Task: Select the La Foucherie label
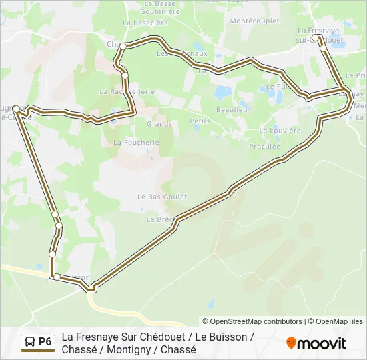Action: (136, 142)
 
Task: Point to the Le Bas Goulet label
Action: (162, 197)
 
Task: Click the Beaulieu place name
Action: (232, 109)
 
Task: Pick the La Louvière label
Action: (280, 131)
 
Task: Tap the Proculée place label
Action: (264, 146)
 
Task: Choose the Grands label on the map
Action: (159, 124)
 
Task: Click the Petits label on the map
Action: (200, 121)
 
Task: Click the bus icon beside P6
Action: (30, 342)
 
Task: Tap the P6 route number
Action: (45, 342)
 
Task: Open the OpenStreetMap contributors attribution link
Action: (254, 321)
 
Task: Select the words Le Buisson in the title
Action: (224, 337)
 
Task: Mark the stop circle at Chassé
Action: (123, 46)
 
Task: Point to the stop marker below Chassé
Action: (125, 75)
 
